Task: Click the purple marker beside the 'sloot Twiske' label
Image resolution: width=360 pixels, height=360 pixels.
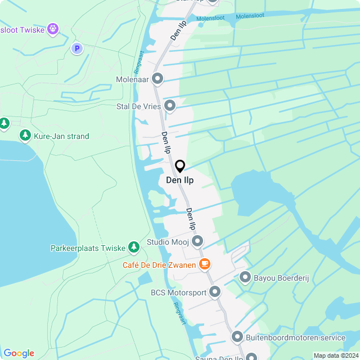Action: tap(53, 28)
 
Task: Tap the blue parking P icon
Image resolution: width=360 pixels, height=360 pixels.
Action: tap(77, 49)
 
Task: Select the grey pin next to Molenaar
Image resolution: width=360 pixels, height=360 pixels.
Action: tap(157, 79)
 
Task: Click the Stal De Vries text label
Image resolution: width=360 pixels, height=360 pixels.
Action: tap(138, 106)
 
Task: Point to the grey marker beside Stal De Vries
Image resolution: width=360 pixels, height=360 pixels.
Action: tap(170, 106)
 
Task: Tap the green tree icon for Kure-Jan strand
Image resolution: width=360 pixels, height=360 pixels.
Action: tap(25, 136)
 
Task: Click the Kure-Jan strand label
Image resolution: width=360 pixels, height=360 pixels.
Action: tap(61, 136)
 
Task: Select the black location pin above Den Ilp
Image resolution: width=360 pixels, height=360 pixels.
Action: tap(180, 166)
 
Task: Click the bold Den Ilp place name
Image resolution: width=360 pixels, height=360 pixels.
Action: tap(180, 181)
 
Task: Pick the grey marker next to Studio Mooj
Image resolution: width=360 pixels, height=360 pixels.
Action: tap(197, 242)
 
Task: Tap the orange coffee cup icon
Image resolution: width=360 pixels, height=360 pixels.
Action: tap(205, 264)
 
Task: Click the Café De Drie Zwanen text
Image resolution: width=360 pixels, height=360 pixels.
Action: tap(160, 264)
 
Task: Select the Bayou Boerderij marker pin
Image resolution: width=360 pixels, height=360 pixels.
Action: tap(245, 277)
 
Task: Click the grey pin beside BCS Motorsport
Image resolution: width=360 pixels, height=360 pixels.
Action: tap(215, 292)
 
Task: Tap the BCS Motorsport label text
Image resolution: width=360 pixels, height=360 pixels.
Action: tap(178, 292)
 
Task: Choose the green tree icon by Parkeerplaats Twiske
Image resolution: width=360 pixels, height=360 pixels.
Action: tap(133, 247)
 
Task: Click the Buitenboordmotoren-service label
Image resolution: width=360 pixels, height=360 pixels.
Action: tap(295, 337)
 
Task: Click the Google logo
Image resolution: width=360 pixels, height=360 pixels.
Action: tap(19, 353)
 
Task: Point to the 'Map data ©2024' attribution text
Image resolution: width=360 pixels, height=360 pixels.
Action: tap(335, 355)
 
